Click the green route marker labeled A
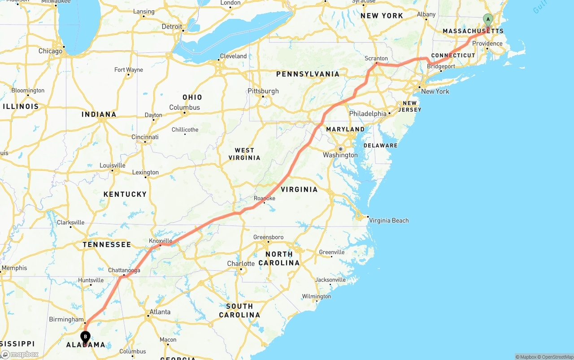[x=488, y=20]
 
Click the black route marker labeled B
[x=85, y=337]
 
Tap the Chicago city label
[x=50, y=51]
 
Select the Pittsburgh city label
[x=263, y=91]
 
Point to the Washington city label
[x=340, y=155]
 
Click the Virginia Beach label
[x=389, y=221]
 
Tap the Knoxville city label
[x=161, y=241]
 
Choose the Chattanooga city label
[x=124, y=270]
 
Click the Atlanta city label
[x=160, y=312]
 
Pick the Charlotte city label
[x=241, y=264]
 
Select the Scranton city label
[x=376, y=58]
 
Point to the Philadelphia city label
[x=368, y=114]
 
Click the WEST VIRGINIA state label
[x=244, y=154]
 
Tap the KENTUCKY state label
[x=125, y=194]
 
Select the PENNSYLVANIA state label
[x=308, y=74]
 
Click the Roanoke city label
[x=265, y=198]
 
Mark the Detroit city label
[x=172, y=27]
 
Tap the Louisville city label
[x=112, y=165]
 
